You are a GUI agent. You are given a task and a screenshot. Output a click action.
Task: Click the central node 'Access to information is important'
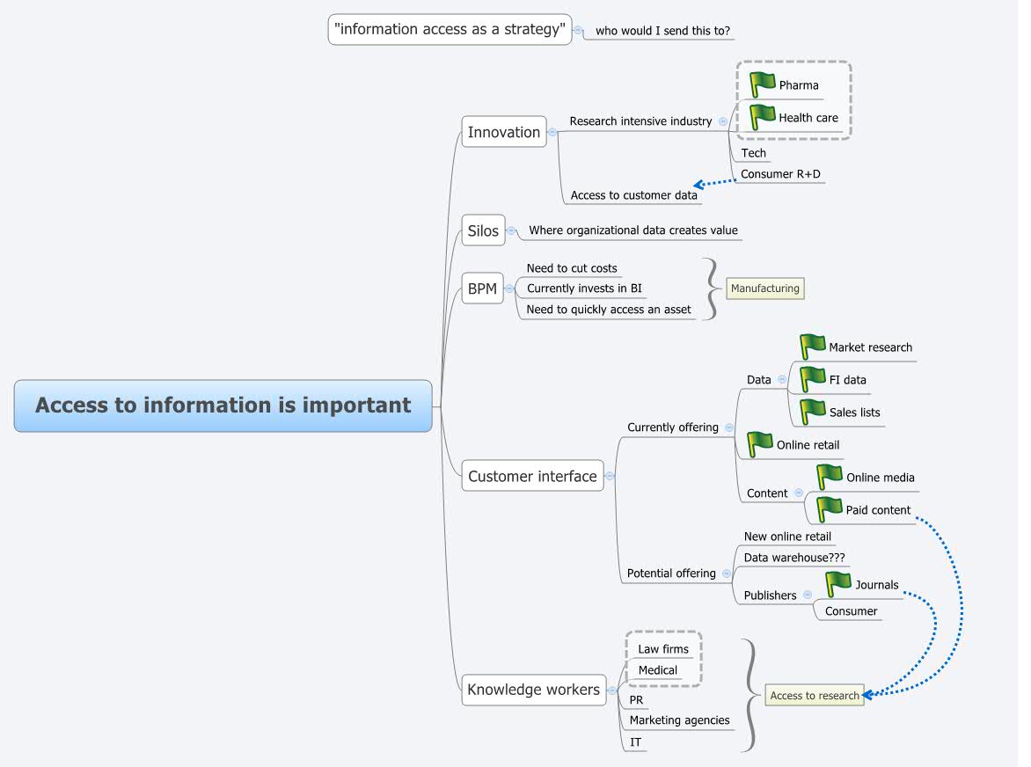pyautogui.click(x=223, y=405)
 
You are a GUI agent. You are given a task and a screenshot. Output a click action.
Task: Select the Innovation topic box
pyautogui.click(x=504, y=132)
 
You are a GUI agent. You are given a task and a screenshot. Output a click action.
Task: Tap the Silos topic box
pyautogui.click(x=483, y=231)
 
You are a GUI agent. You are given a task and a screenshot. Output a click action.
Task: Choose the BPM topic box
pyautogui.click(x=482, y=289)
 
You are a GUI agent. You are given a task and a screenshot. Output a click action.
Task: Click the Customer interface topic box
pyautogui.click(x=532, y=476)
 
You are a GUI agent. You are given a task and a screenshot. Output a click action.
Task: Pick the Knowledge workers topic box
pyautogui.click(x=533, y=690)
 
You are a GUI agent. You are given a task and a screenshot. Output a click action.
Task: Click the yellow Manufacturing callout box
pyautogui.click(x=764, y=289)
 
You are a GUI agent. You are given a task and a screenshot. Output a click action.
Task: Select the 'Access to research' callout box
pyautogui.click(x=814, y=696)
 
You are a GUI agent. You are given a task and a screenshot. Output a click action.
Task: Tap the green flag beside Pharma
pyautogui.click(x=762, y=84)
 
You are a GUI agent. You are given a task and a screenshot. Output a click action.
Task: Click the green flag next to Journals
pyautogui.click(x=838, y=584)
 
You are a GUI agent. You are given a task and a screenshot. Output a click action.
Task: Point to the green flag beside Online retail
pyautogui.click(x=759, y=444)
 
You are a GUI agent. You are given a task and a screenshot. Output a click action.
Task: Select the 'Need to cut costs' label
pyautogui.click(x=572, y=268)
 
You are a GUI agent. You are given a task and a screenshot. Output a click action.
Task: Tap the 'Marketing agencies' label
pyautogui.click(x=679, y=720)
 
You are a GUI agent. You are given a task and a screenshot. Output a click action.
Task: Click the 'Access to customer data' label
pyautogui.click(x=633, y=195)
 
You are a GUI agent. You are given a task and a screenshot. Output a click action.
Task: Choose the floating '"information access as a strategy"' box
pyautogui.click(x=450, y=29)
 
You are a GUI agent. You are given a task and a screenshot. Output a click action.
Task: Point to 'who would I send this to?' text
pyautogui.click(x=662, y=31)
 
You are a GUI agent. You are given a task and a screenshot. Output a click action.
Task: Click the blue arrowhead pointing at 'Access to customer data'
pyautogui.click(x=698, y=185)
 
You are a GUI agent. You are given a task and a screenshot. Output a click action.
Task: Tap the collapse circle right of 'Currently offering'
pyautogui.click(x=729, y=427)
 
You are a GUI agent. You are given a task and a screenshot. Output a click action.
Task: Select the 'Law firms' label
pyautogui.click(x=663, y=649)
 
